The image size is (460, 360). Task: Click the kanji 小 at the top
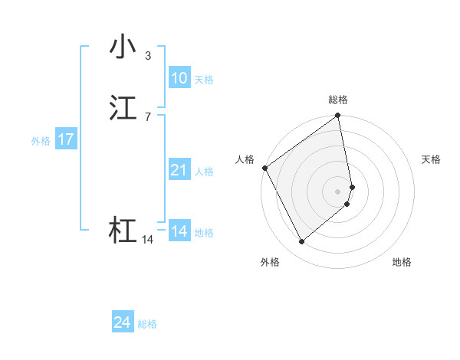(x=123, y=47)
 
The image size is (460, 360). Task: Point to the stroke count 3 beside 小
(x=147, y=55)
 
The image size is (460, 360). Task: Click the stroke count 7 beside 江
(x=147, y=116)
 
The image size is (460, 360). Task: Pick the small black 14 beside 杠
(x=147, y=240)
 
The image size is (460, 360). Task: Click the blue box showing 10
(x=179, y=78)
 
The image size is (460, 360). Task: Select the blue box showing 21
(x=179, y=170)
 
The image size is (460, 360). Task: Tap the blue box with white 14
(x=179, y=231)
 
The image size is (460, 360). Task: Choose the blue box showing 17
(x=65, y=139)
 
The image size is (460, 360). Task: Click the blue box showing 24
(x=122, y=323)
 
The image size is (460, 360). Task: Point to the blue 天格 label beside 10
(x=204, y=80)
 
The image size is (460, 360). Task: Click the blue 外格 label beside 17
(x=41, y=141)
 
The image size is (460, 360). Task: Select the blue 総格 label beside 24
(x=147, y=325)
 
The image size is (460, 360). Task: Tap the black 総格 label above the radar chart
(x=338, y=100)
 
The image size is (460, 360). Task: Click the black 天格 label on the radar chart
(x=432, y=159)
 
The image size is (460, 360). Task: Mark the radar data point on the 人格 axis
(x=264, y=168)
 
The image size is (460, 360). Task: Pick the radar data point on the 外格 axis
(x=301, y=242)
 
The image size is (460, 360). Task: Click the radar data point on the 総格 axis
(x=338, y=116)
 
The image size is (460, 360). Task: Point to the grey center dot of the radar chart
(x=338, y=191)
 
